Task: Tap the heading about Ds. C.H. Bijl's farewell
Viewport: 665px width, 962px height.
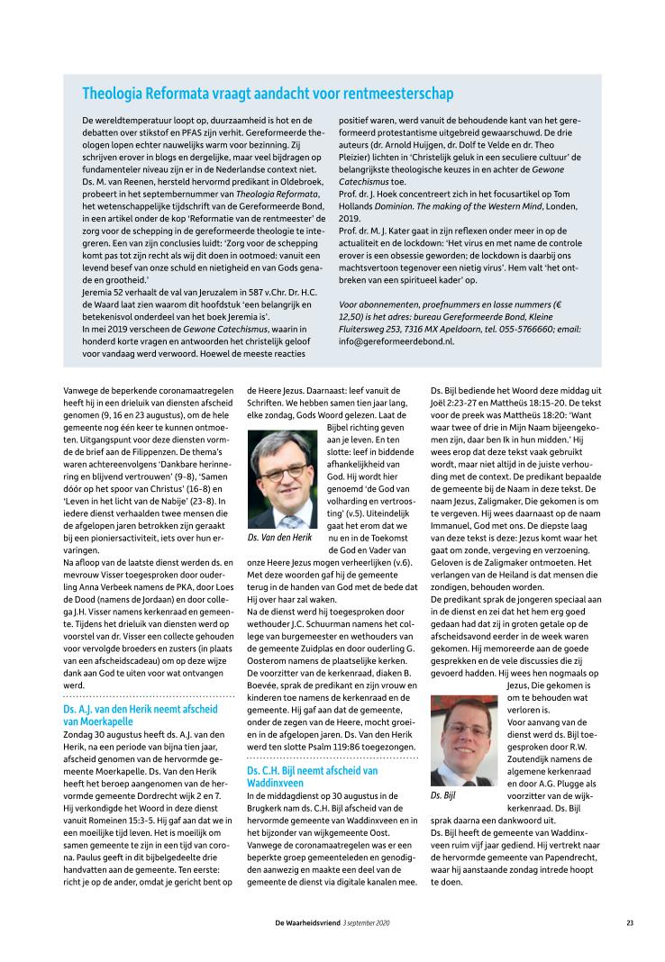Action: point(312,777)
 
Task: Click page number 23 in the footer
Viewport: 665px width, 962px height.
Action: point(630,922)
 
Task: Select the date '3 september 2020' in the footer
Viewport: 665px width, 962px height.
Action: point(366,922)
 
